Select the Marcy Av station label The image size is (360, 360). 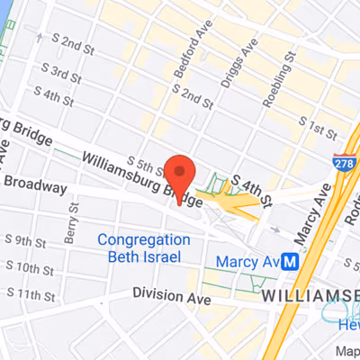(247, 262)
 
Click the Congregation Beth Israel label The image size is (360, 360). (144, 248)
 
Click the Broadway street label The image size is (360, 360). (35, 187)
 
